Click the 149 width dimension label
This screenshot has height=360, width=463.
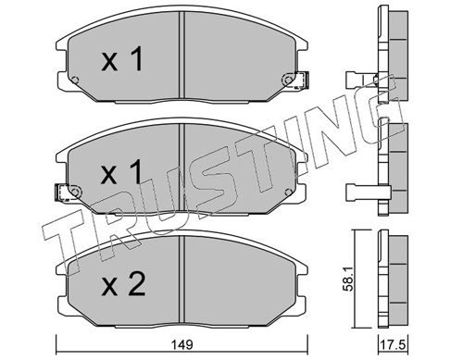point(182,344)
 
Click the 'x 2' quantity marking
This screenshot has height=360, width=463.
point(123,285)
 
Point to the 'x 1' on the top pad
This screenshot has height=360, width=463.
point(122,58)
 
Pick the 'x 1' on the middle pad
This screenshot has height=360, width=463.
point(122,172)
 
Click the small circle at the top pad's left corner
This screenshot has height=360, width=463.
point(74,80)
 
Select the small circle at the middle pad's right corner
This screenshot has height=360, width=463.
point(288,192)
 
